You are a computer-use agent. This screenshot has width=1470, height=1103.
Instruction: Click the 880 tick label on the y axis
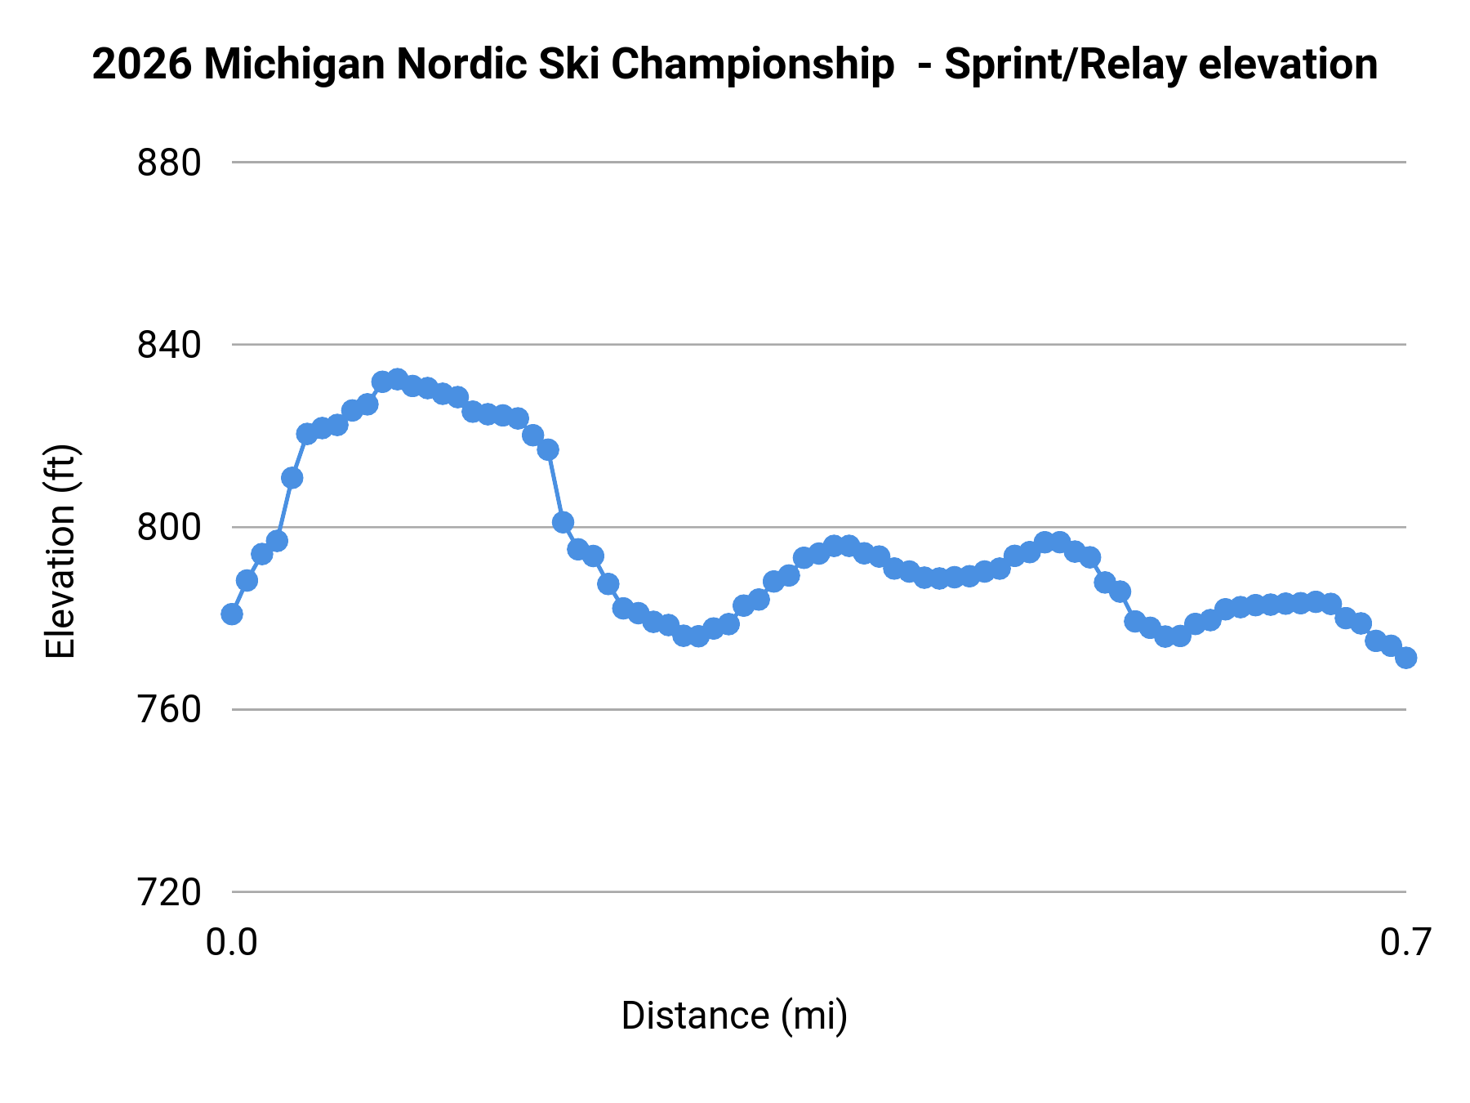click(168, 163)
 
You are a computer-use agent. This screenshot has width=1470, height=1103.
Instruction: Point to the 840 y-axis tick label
click(168, 346)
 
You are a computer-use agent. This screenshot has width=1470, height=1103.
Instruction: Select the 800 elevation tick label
click(168, 528)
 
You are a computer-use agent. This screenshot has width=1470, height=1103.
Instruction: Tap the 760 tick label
click(168, 710)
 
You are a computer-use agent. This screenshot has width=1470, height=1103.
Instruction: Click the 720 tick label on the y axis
click(168, 893)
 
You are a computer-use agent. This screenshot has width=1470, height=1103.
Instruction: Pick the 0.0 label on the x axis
click(231, 943)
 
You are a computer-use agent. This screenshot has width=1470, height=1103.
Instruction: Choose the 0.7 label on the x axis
click(1405, 943)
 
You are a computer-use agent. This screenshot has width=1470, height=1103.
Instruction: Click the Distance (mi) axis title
click(734, 1016)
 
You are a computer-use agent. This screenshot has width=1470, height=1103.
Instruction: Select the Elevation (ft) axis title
click(60, 551)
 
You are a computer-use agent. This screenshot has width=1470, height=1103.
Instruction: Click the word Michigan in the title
click(295, 65)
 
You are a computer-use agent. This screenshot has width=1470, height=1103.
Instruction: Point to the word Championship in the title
click(752, 65)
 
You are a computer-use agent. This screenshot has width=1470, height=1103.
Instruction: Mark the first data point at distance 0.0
click(232, 614)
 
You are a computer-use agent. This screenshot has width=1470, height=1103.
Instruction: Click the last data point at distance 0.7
click(1405, 658)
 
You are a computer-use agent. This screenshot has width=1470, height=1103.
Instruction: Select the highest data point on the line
click(398, 380)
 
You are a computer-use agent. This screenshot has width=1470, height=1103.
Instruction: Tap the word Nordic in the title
click(447, 65)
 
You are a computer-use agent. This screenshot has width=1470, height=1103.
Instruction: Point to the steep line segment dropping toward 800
click(555, 486)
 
